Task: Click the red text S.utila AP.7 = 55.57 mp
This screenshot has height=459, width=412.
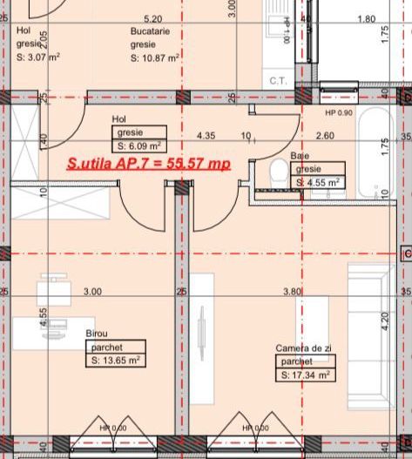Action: coord(149,163)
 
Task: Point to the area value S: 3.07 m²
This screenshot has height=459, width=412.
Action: coord(37,57)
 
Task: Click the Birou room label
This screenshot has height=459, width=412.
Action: coord(98,334)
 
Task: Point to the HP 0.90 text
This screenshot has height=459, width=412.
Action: coord(339,113)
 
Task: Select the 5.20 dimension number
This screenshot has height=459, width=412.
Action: coord(152,17)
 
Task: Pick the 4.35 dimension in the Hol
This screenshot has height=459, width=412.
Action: coord(206,136)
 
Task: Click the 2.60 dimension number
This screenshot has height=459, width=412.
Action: coord(325,136)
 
